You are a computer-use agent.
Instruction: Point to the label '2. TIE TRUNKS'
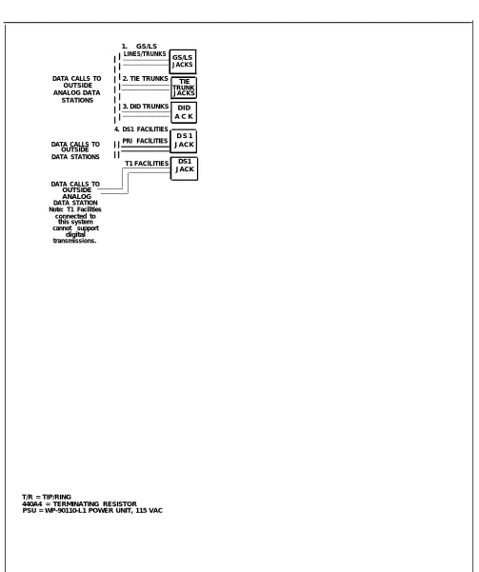pos(146,79)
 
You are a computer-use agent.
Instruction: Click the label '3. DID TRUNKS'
pos(146,107)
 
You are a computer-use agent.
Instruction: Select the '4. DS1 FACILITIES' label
pos(141,129)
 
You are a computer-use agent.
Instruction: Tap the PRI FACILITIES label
pos(145,141)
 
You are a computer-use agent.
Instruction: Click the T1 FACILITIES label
pos(147,164)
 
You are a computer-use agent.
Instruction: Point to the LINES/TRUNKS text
pos(145,54)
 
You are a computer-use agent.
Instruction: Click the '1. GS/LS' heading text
pos(139,47)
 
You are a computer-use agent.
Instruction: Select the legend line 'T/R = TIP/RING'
pos(47,497)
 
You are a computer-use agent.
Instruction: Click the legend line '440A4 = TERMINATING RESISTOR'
pos(79,503)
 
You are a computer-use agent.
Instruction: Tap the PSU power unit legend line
pos(92,510)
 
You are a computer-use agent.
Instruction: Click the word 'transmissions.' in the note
pos(75,241)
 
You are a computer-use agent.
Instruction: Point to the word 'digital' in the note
pos(75,234)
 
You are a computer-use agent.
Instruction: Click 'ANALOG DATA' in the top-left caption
pos(77,92)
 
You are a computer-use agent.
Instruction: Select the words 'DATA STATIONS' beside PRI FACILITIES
pos(75,157)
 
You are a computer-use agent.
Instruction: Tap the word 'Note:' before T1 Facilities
pos(56,209)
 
